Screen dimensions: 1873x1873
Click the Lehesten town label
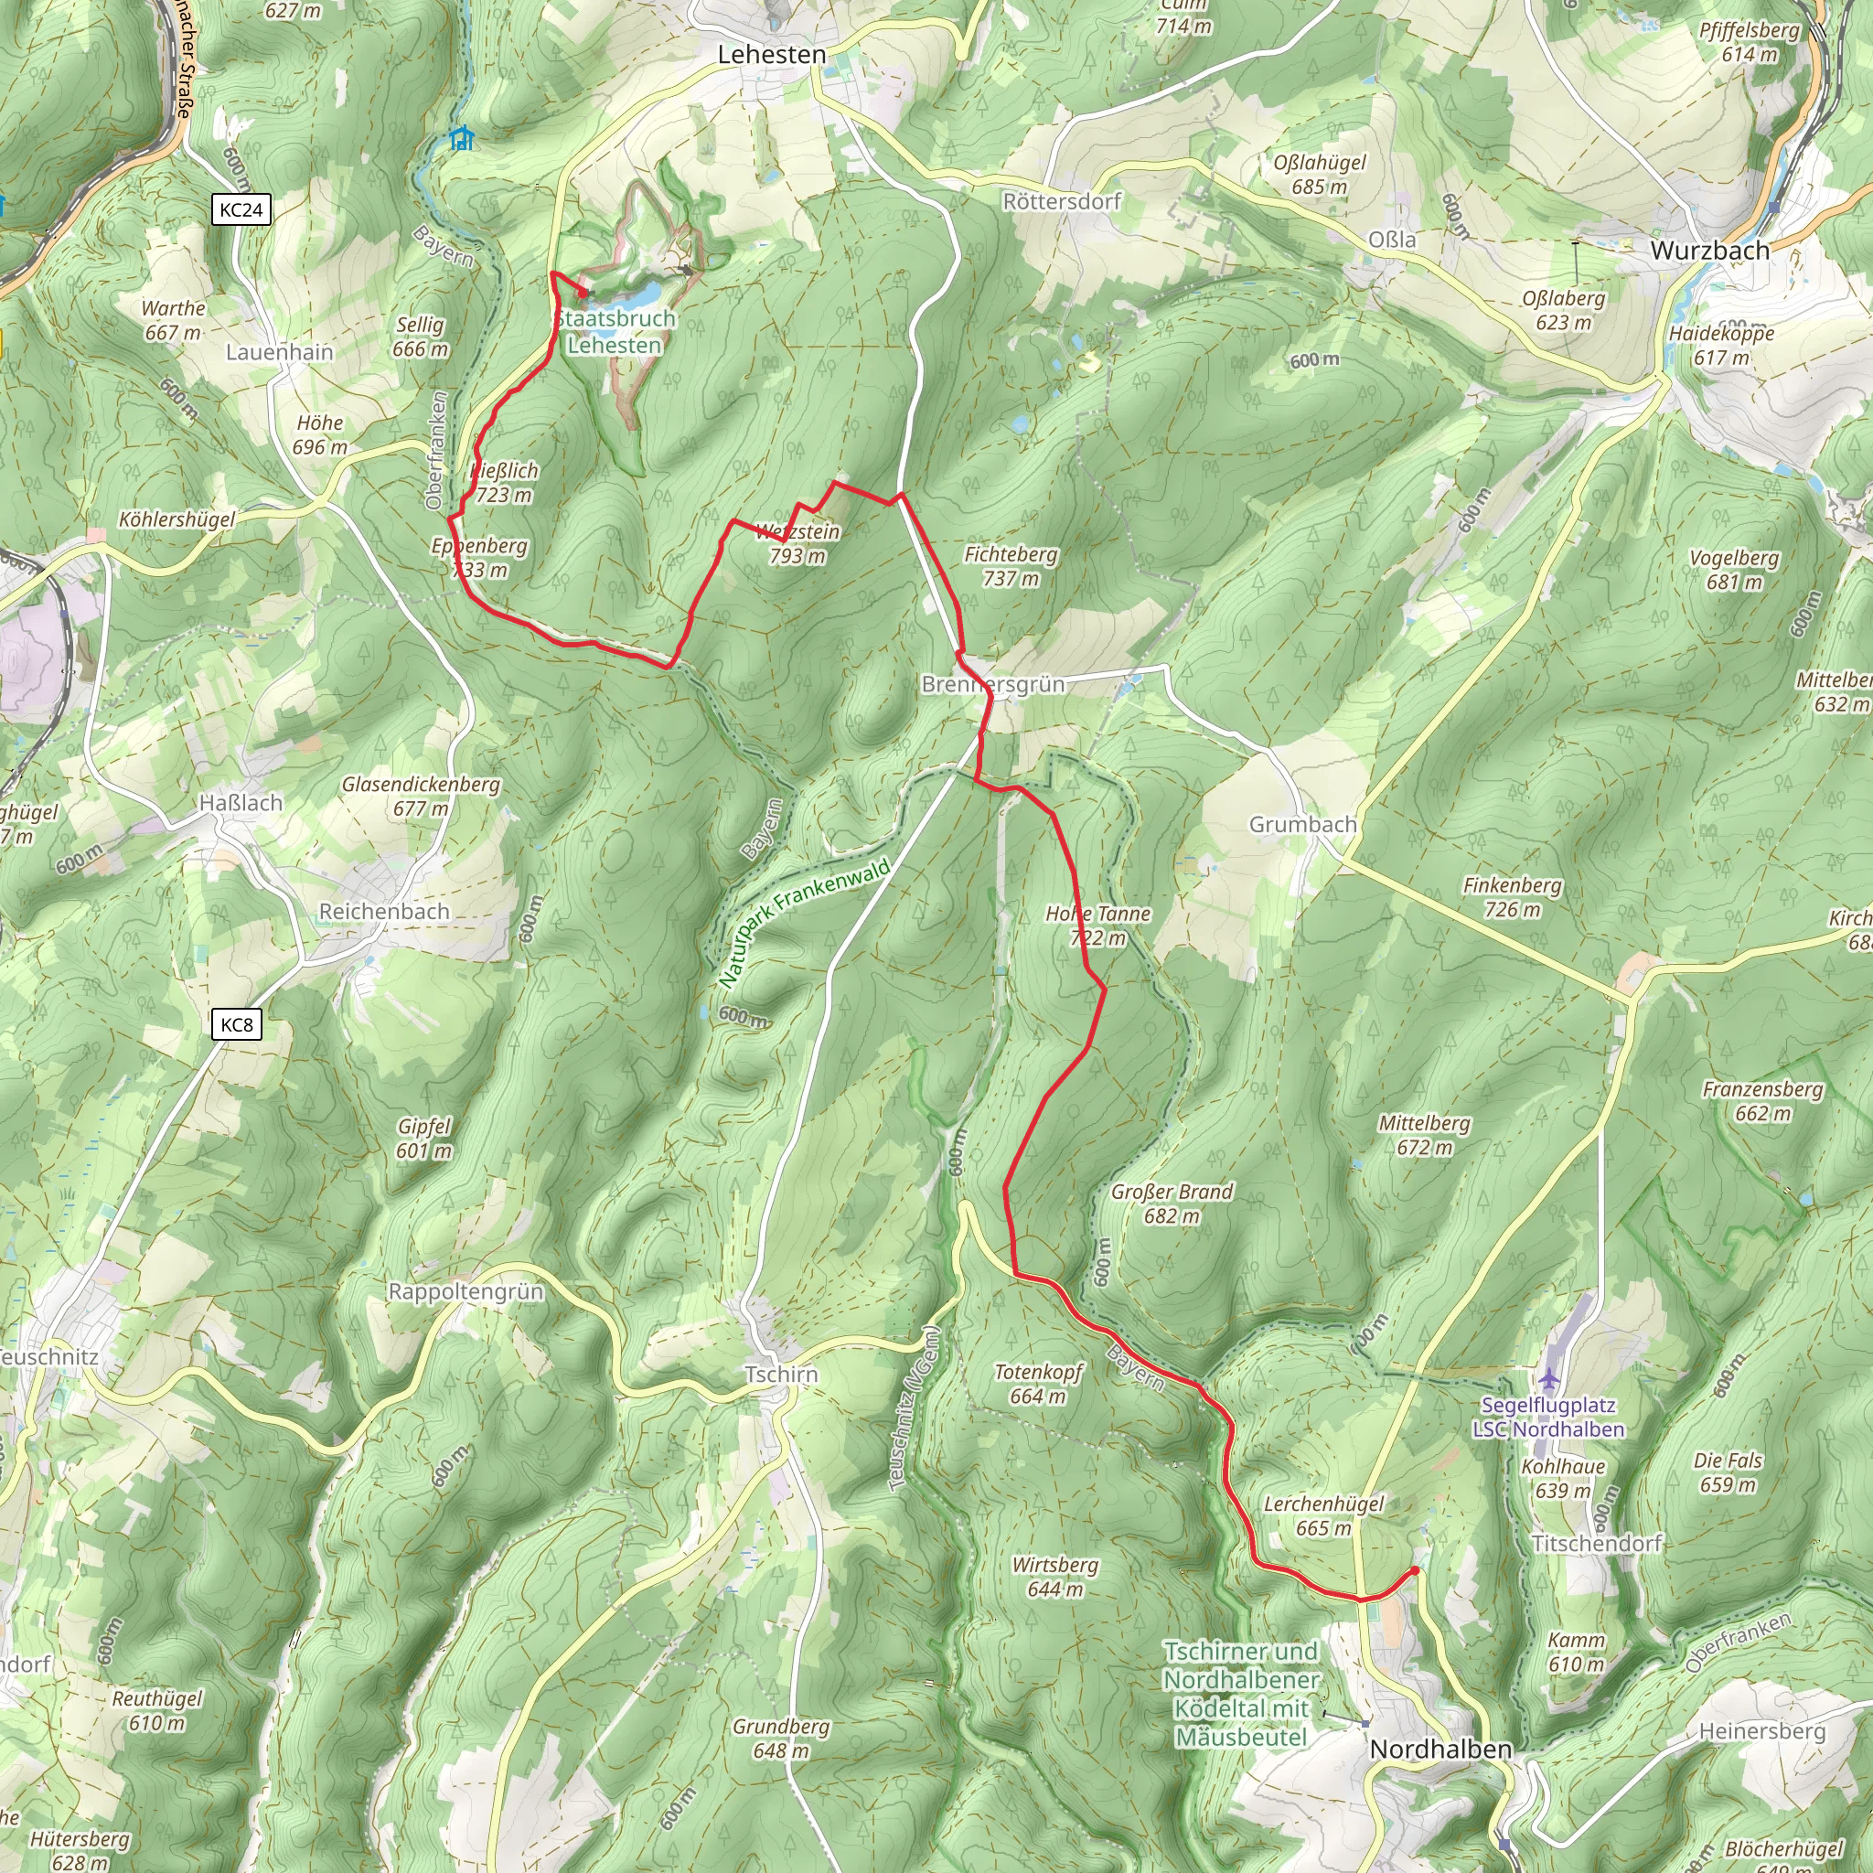[x=772, y=55]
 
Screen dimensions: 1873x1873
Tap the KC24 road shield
[x=241, y=209]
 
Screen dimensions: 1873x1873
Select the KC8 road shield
[x=237, y=1024]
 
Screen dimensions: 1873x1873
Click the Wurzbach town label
[x=1709, y=250]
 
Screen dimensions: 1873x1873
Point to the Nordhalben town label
[x=1440, y=1749]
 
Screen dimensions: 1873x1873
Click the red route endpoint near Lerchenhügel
[x=1415, y=1570]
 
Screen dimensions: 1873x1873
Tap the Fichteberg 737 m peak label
[x=1011, y=566]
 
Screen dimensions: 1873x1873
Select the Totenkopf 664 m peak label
[x=1038, y=1384]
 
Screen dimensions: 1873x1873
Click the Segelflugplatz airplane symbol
[x=1548, y=1377]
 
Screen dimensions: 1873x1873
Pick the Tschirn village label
[x=780, y=1374]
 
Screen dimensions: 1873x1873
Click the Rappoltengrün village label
[x=466, y=1291]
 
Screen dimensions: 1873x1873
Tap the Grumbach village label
[x=1302, y=824]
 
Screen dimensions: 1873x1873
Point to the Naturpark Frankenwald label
[x=805, y=922]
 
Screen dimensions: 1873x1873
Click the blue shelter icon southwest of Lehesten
[x=463, y=139]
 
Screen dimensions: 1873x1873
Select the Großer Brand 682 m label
[x=1172, y=1204]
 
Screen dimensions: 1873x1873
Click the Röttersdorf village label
[x=1061, y=201]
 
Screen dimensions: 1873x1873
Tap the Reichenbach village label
[x=384, y=911]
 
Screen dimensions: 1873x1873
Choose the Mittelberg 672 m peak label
[x=1423, y=1134]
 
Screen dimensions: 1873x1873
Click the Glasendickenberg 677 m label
[x=421, y=795]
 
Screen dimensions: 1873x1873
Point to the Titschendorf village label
[x=1596, y=1543]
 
